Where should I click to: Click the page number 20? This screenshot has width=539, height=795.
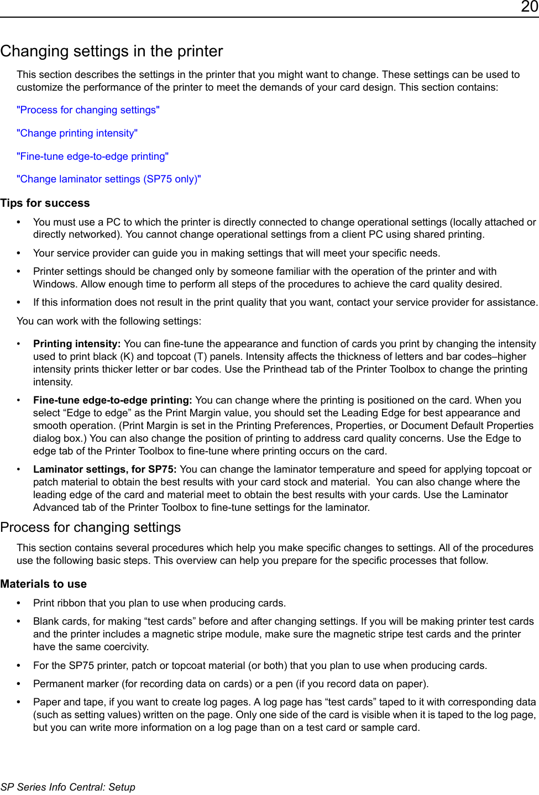(x=529, y=7)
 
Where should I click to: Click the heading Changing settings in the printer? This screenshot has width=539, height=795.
(x=112, y=51)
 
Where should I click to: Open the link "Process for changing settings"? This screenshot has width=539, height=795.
(x=88, y=110)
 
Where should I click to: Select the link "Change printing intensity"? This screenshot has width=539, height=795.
(x=77, y=133)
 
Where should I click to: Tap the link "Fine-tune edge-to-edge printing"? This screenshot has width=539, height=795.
(x=92, y=156)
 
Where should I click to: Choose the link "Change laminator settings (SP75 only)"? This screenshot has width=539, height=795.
(x=108, y=179)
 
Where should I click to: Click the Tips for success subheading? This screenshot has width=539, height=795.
(x=45, y=203)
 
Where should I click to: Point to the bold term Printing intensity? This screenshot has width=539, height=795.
(x=77, y=344)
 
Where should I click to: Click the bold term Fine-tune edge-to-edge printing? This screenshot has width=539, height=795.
(x=113, y=400)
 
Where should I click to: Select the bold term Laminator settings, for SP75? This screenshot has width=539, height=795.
(x=105, y=469)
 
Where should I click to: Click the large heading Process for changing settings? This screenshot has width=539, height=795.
(x=91, y=527)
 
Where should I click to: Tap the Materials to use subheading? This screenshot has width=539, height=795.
(x=43, y=584)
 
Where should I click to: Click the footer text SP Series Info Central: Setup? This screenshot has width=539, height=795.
(x=67, y=787)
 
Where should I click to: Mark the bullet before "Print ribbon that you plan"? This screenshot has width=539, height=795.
(x=19, y=603)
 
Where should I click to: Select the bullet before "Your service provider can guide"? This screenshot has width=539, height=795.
(x=19, y=253)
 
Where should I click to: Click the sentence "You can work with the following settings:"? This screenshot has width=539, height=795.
(x=109, y=321)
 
